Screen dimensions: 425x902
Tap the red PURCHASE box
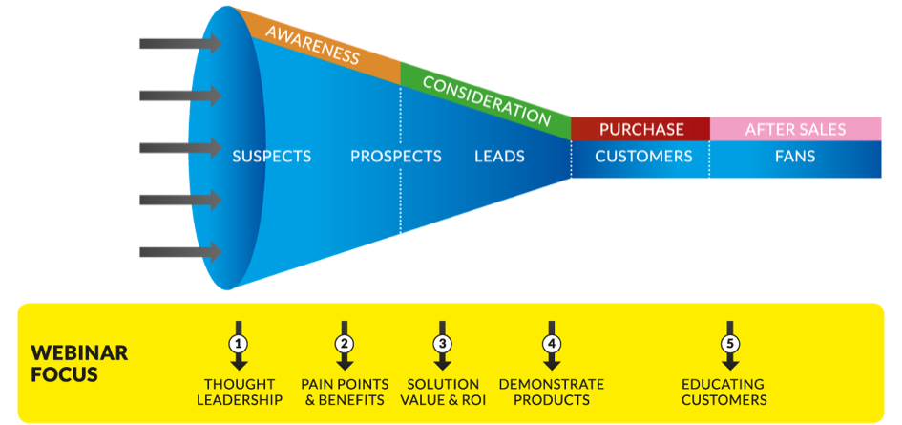(640, 129)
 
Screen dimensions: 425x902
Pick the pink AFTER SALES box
(795, 129)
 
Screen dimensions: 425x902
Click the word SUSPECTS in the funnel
(272, 156)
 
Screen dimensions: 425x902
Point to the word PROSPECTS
(395, 156)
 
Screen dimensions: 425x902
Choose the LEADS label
(499, 156)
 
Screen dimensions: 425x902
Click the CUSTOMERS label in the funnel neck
(643, 156)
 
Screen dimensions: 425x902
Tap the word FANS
(795, 156)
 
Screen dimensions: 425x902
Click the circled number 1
(240, 343)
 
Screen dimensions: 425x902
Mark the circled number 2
(345, 343)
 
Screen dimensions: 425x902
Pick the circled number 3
(442, 343)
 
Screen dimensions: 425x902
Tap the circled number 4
(551, 343)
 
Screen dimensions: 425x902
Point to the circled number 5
(731, 343)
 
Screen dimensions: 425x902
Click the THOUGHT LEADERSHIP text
(240, 392)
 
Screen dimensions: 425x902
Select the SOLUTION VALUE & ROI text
(442, 392)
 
